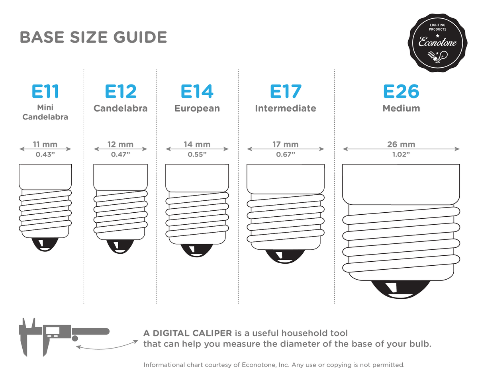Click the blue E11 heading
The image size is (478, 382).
pyautogui.click(x=45, y=91)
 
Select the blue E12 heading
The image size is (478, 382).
pyautogui.click(x=120, y=91)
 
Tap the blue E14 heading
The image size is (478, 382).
pyautogui.click(x=197, y=91)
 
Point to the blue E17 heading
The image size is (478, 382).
pyautogui.click(x=286, y=91)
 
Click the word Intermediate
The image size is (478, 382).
pyautogui.click(x=286, y=108)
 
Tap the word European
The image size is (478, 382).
pyautogui.click(x=197, y=108)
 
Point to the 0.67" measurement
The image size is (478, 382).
pyautogui.click(x=286, y=155)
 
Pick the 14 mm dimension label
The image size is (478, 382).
pyautogui.click(x=197, y=145)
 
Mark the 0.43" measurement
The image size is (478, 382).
pyautogui.click(x=45, y=155)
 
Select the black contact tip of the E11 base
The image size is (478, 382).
pyautogui.click(x=45, y=244)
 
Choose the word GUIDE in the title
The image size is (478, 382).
pyautogui.click(x=140, y=37)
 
